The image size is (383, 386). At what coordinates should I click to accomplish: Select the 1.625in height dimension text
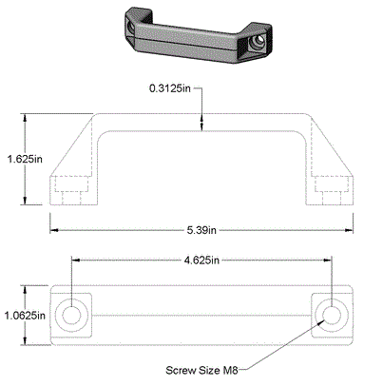[x=23, y=159]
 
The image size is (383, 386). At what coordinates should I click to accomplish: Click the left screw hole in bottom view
[x=70, y=313]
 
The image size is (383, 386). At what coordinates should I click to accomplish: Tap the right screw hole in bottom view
[x=332, y=313]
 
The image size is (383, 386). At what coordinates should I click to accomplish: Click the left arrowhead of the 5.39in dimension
[x=55, y=229]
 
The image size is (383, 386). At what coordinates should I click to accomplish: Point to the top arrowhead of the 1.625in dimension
[x=27, y=118]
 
